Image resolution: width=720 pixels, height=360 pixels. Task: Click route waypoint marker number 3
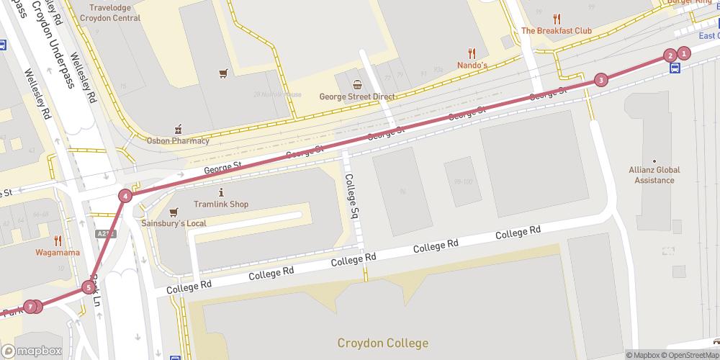[601, 80]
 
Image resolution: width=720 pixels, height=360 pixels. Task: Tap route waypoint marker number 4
[126, 196]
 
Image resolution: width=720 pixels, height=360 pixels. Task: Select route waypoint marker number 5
[89, 288]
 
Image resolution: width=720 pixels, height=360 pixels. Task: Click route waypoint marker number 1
[684, 53]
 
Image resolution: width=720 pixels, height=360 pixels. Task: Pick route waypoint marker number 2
[670, 55]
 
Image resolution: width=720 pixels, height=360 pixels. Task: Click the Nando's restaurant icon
[472, 53]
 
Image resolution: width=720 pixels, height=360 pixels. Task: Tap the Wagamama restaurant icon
[58, 240]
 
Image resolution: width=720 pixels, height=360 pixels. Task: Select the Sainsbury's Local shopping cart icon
[174, 212]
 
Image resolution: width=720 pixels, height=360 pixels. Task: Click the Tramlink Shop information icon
[221, 193]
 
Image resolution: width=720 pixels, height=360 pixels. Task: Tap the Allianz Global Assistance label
[654, 175]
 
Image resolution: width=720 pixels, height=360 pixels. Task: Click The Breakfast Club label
[556, 31]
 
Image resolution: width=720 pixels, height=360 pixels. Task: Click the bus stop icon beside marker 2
[675, 69]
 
